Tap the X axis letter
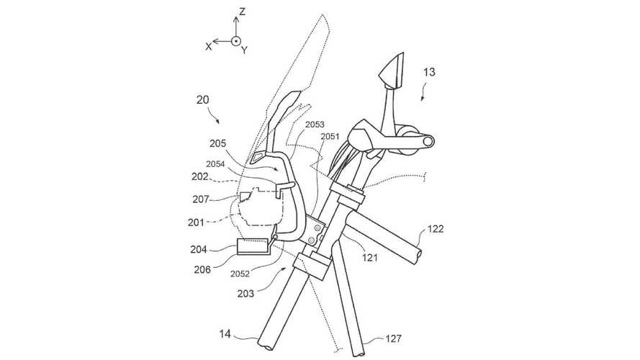click(x=209, y=45)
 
